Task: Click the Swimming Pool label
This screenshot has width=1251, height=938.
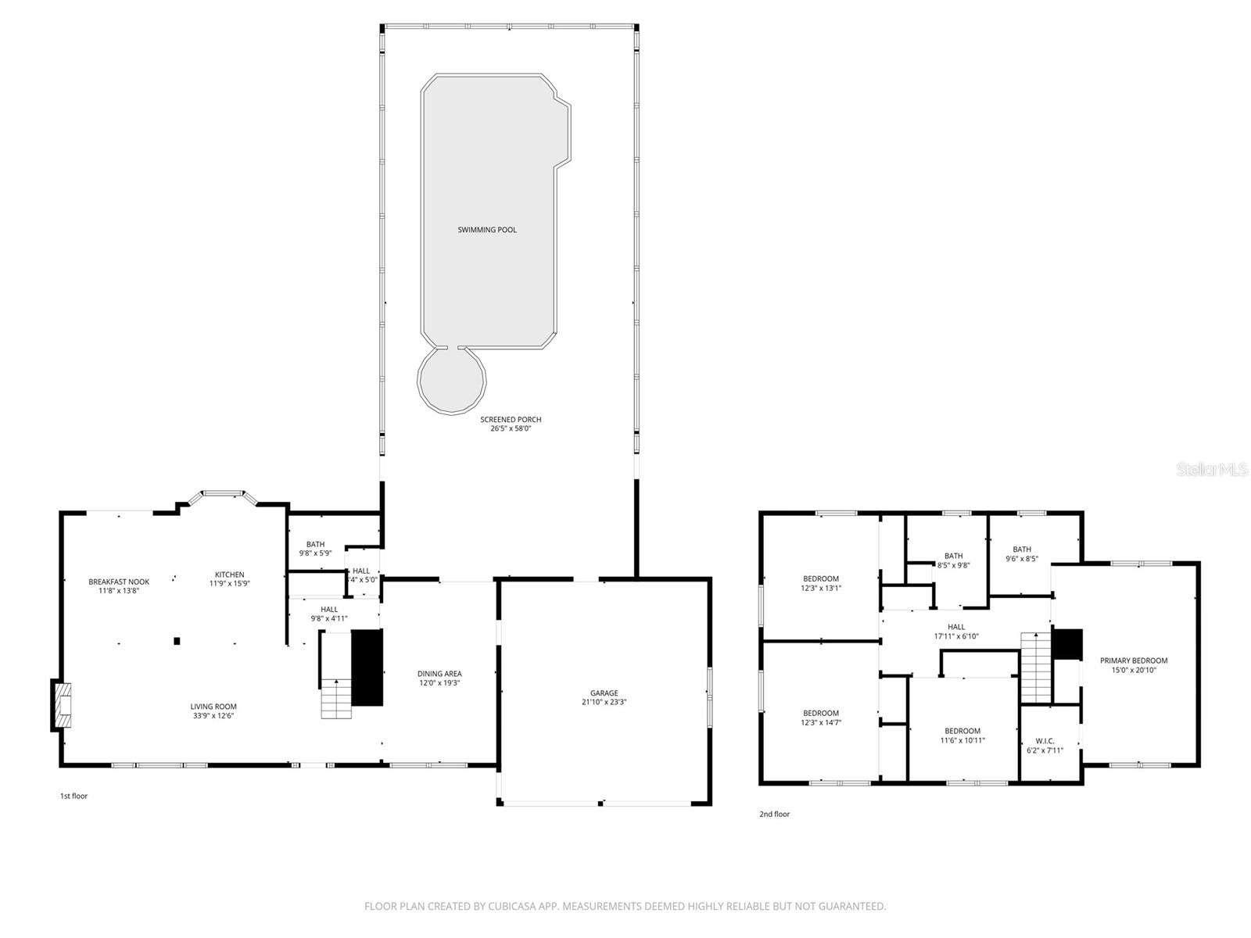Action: pos(487,230)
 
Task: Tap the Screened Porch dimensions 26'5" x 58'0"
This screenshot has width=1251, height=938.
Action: pos(511,428)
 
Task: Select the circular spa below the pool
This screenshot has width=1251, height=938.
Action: pos(452,381)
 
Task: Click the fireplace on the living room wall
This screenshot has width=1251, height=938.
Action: pos(63,706)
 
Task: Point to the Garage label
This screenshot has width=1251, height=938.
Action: pos(604,693)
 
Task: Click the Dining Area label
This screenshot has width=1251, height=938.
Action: pos(439,673)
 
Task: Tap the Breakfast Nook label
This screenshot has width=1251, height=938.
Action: pos(119,582)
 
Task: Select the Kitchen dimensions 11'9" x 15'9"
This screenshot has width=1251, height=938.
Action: pos(230,583)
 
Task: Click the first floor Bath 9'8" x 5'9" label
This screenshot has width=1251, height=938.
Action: pos(315,545)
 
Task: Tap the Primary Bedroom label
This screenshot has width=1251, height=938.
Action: pos(1133,661)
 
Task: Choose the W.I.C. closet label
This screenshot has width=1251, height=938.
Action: pos(1045,741)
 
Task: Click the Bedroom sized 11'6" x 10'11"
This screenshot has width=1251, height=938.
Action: pos(962,731)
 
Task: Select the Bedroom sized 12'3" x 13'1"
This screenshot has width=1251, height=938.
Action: pos(820,578)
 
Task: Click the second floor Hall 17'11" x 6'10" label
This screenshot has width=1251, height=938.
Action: pos(956,627)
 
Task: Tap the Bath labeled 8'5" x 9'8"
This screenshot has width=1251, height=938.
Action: pos(953,556)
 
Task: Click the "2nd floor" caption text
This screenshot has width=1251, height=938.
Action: pos(774,814)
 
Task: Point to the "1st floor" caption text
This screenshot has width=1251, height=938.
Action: pos(73,796)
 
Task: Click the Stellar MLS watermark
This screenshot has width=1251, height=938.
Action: pos(1213,469)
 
